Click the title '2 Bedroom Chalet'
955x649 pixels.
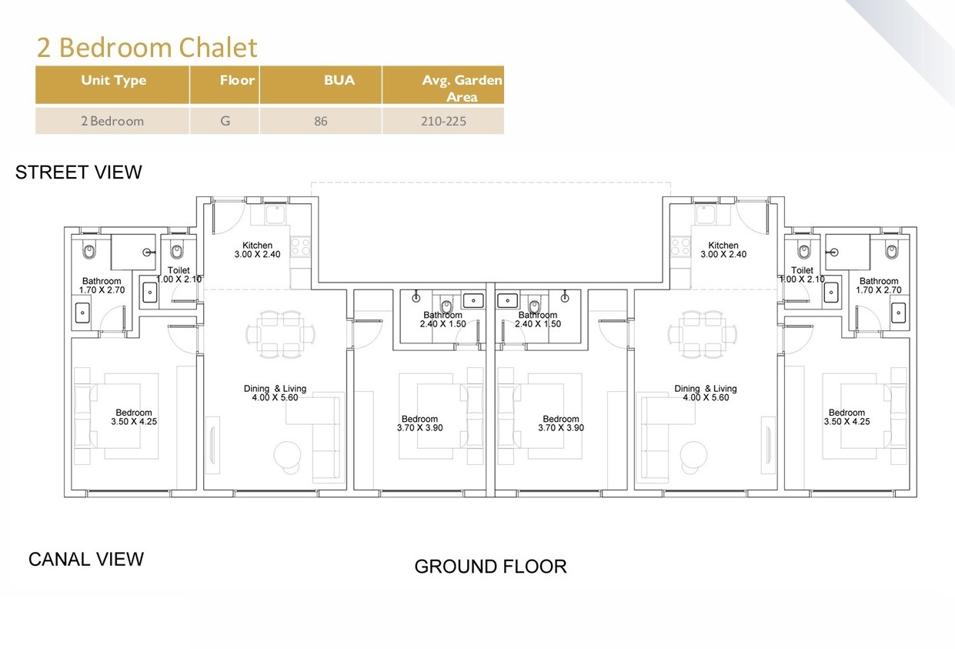tap(147, 47)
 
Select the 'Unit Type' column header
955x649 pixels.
tap(113, 80)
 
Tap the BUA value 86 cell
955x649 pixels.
tap(321, 121)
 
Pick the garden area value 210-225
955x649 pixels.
tap(443, 121)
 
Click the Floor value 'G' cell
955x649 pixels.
tap(225, 121)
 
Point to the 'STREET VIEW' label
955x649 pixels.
tap(78, 172)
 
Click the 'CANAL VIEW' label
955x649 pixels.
tap(86, 559)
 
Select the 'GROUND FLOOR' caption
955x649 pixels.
tap(490, 567)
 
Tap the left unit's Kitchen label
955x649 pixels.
tap(257, 250)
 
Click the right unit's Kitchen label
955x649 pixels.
tap(723, 250)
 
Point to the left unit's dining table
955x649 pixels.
tap(281, 334)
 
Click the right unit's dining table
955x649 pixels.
tap(703, 334)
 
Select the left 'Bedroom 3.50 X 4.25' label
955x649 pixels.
tap(134, 417)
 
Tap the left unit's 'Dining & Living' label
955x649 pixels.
tap(275, 393)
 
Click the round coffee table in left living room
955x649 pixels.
tap(287, 454)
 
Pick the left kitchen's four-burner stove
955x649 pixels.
tap(301, 247)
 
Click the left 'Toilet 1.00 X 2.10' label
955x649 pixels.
tap(179, 275)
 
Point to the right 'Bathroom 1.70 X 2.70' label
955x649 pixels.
tap(879, 286)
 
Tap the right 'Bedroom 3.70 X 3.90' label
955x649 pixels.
tap(561, 423)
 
